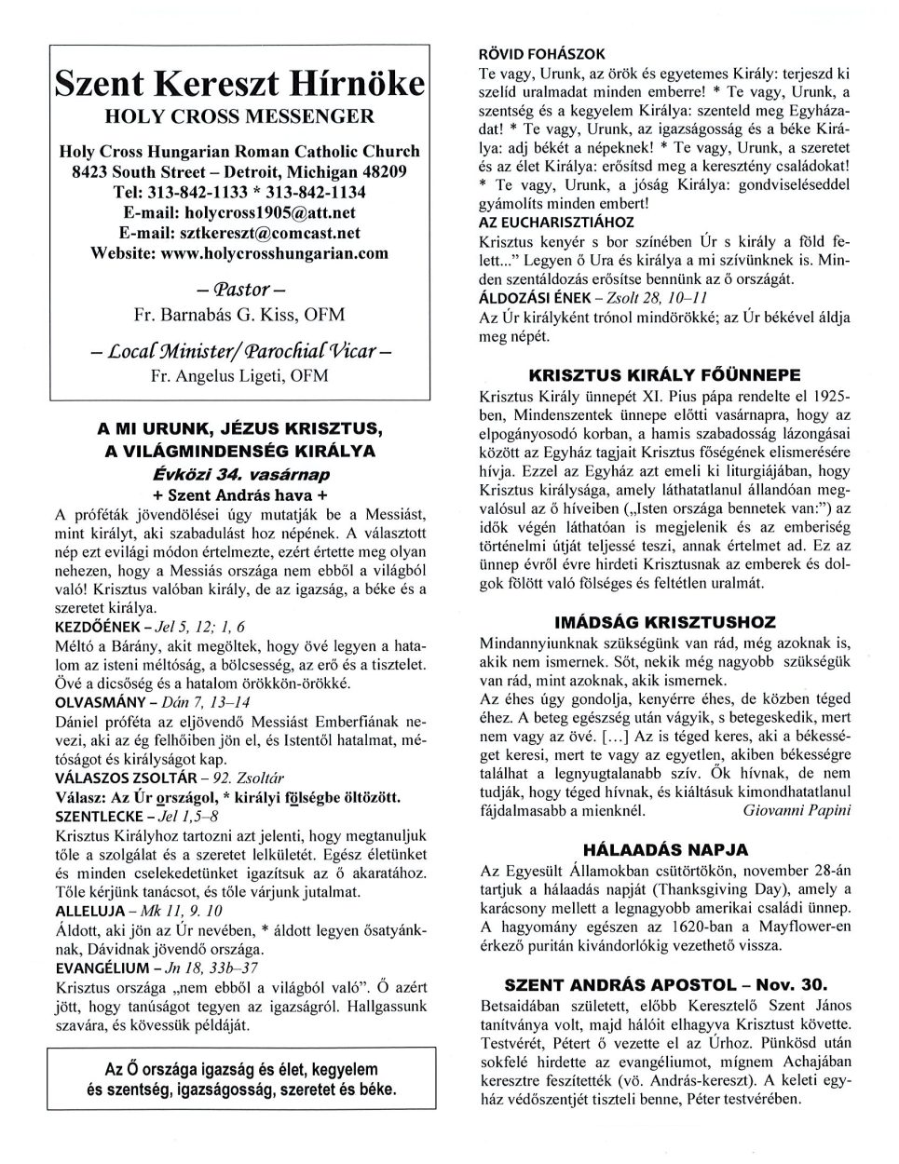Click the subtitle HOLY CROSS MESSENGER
[x=238, y=116]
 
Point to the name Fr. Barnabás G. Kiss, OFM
[x=238, y=314]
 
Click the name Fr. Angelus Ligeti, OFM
[x=238, y=376]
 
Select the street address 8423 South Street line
[x=238, y=171]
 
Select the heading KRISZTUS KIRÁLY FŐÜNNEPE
[x=664, y=375]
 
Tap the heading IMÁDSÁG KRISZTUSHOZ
[x=664, y=621]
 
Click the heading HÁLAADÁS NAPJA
[x=664, y=849]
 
